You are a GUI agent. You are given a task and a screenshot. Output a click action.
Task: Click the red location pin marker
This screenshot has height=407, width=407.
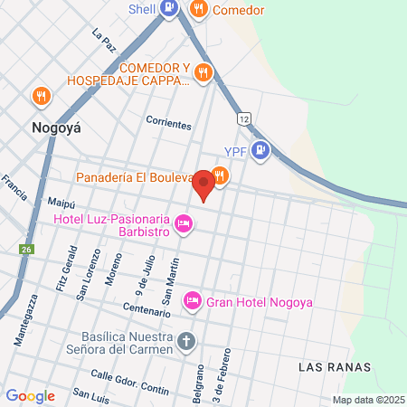point(203,184)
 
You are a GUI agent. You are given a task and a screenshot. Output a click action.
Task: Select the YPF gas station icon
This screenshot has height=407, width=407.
point(261,150)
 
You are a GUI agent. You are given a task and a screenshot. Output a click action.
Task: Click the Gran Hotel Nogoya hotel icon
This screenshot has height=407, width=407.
point(192,300)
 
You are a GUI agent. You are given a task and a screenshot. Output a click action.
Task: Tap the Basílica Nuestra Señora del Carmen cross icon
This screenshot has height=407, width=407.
point(186,342)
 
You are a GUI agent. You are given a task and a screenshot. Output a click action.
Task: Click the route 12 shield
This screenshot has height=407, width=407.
point(243,118)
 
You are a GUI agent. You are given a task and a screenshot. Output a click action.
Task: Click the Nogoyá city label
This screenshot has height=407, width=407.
point(56,128)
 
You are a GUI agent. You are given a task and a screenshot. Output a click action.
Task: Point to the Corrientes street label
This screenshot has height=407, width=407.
point(169,121)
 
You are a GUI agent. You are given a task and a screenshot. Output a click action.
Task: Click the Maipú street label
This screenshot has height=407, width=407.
point(62,203)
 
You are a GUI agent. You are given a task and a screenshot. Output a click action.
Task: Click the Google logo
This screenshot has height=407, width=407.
point(30,395)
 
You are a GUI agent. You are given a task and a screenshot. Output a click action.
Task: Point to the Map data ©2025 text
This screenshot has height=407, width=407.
point(366,400)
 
